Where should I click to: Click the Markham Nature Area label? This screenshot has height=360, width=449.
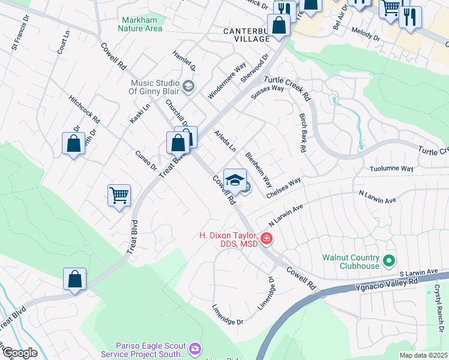[x=139, y=23]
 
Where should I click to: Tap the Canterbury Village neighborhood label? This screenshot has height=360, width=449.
[x=246, y=35]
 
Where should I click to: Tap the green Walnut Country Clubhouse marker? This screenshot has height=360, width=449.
[x=388, y=261]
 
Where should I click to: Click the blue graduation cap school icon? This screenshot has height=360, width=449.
[x=235, y=180]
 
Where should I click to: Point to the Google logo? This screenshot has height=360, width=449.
[x=19, y=353]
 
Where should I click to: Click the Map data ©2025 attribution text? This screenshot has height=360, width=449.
[x=423, y=355]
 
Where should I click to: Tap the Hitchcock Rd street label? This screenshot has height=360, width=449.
[x=84, y=109]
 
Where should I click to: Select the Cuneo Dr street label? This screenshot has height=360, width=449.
[x=146, y=160]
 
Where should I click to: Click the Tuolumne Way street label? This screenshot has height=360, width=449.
[x=391, y=170]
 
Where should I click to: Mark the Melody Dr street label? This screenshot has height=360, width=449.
[x=366, y=37]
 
